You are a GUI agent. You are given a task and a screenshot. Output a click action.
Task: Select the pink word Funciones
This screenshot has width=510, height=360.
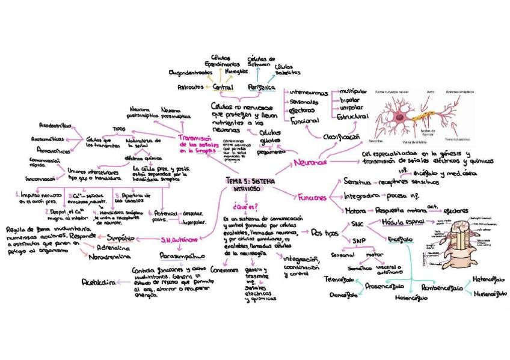312,197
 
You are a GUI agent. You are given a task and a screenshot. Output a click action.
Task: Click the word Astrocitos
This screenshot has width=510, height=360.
189,87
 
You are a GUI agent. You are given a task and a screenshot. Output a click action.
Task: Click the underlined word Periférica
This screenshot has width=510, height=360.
261,87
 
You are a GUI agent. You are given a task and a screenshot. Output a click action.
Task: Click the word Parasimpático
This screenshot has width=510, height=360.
179,255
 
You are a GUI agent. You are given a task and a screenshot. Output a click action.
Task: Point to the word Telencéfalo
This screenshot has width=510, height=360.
338,280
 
